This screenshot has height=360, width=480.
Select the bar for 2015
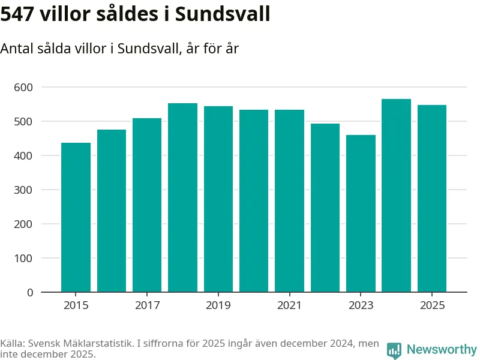click(76, 217)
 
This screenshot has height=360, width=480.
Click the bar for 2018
click(182, 197)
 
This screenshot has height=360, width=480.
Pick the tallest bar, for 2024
click(396, 196)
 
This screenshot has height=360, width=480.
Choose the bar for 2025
click(432, 199)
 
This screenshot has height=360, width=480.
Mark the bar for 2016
click(112, 211)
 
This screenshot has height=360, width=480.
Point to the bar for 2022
click(325, 208)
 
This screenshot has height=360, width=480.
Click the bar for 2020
click(254, 201)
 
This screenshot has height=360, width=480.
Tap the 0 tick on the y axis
click(29, 293)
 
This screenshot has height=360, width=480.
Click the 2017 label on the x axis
click(147, 306)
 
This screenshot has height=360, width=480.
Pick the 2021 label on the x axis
click(289, 306)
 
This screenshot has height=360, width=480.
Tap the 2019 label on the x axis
click(218, 306)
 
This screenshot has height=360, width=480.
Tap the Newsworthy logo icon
click(394, 350)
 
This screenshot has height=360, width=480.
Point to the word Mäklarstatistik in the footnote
click(104, 344)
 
